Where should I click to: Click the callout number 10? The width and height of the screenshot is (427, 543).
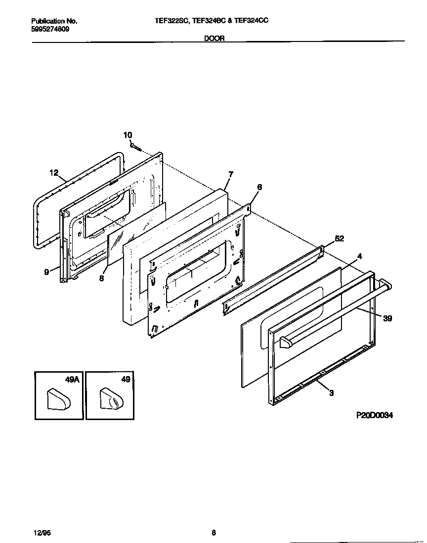(128, 135)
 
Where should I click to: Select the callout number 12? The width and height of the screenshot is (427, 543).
(54, 173)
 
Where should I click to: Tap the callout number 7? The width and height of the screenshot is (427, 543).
(230, 174)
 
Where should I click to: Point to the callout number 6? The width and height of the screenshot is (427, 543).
(259, 187)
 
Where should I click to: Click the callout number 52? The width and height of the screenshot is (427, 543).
(339, 238)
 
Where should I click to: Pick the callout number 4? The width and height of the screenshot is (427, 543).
(360, 256)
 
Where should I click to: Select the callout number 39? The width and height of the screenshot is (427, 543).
(387, 318)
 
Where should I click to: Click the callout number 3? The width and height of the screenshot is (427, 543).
(331, 393)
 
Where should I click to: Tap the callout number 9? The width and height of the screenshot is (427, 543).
(46, 271)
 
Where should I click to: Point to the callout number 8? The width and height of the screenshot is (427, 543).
(101, 278)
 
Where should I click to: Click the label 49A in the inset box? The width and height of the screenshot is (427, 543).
(72, 380)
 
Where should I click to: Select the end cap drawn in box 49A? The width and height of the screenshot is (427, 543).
(58, 399)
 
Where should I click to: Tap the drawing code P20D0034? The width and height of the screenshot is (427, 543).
(375, 416)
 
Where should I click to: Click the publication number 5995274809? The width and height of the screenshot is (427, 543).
(50, 29)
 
